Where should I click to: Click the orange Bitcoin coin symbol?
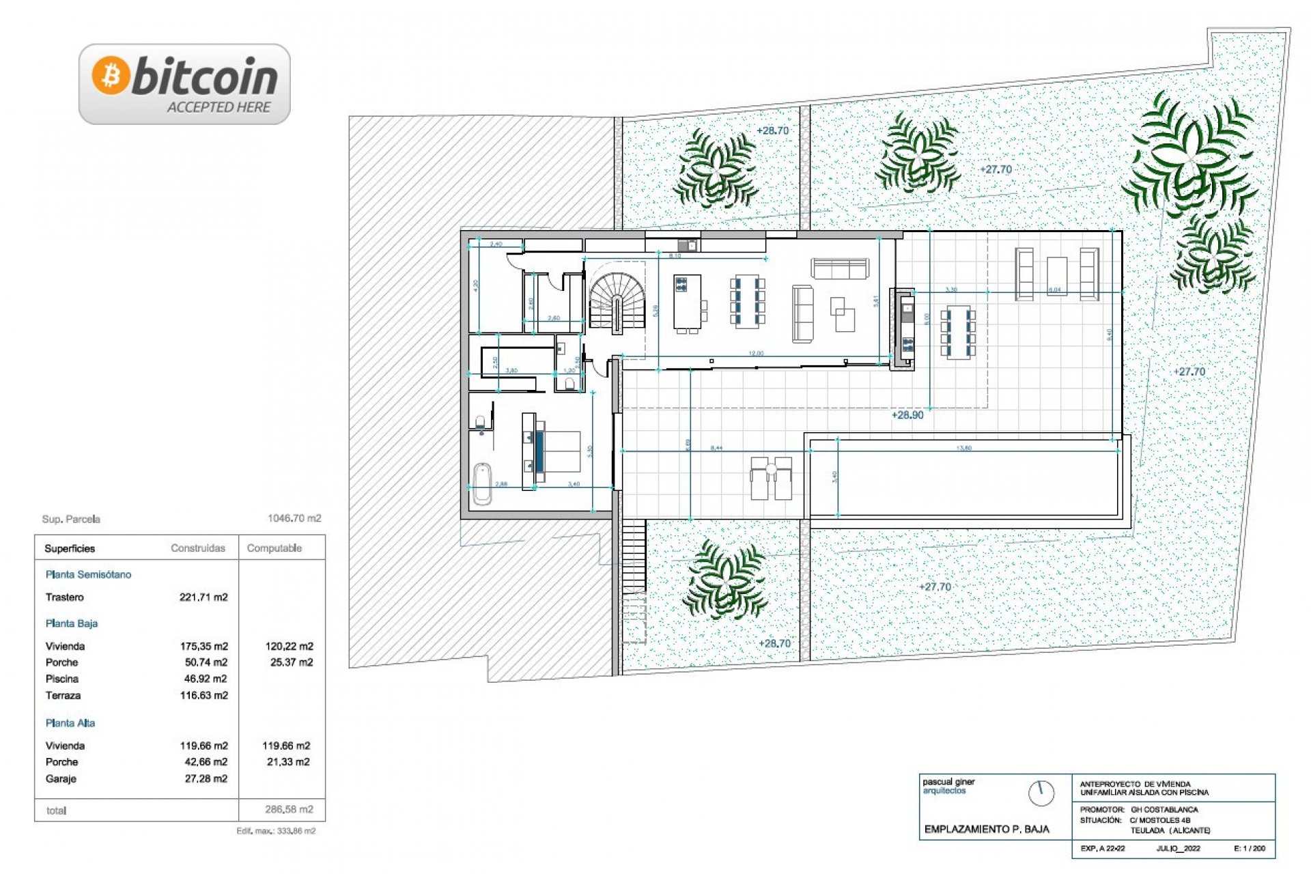click(111, 75)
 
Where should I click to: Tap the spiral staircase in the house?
click(617, 300)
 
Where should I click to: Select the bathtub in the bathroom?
click(482, 483)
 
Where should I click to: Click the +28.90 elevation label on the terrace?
click(907, 415)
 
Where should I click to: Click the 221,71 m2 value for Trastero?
click(203, 597)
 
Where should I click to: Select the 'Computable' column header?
click(274, 548)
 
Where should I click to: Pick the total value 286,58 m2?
click(289, 810)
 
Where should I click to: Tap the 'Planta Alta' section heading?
click(70, 723)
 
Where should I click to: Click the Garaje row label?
click(61, 779)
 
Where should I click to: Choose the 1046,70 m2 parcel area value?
click(294, 519)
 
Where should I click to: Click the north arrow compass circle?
click(1041, 793)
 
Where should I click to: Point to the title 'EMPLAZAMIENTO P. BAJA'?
click(987, 830)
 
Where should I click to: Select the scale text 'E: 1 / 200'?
click(1250, 849)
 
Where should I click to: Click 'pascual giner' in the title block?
click(948, 782)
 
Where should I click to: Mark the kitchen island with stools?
click(688, 302)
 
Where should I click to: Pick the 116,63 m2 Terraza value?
click(203, 696)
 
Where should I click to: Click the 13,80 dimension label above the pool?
click(963, 449)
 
